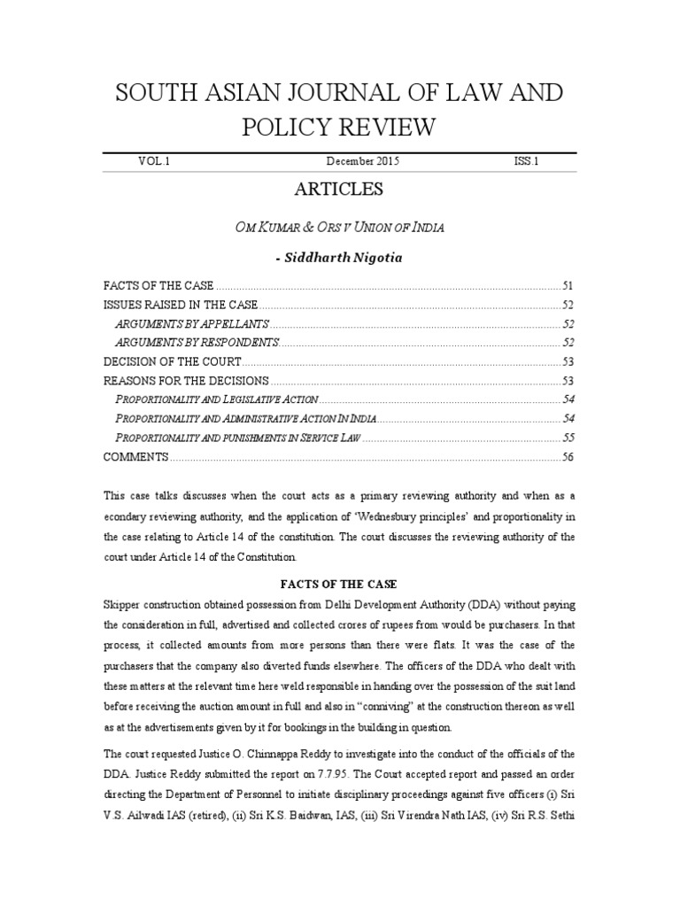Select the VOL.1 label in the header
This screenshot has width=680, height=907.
[x=153, y=162]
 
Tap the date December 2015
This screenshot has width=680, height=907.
[x=363, y=162]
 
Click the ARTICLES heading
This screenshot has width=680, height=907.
[x=339, y=189]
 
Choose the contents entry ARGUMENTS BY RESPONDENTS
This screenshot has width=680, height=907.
[x=197, y=342]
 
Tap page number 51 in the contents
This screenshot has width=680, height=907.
[x=568, y=286]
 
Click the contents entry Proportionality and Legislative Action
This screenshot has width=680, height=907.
[x=211, y=399]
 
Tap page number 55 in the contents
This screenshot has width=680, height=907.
[x=568, y=438]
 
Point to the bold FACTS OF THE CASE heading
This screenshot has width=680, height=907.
[x=339, y=585]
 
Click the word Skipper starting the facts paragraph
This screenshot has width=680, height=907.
[x=122, y=604]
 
